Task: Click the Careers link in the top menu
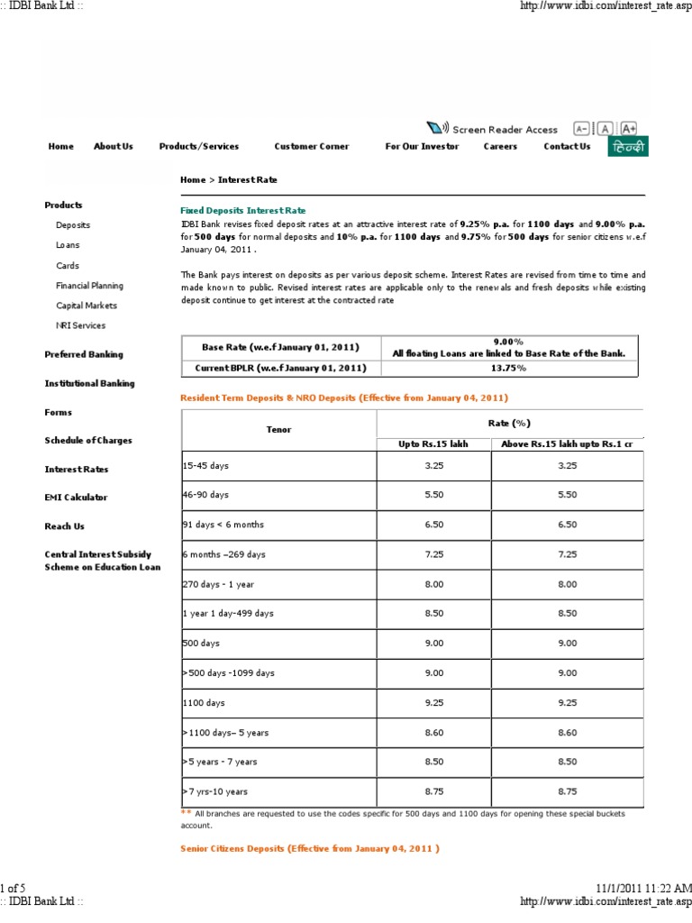click(500, 146)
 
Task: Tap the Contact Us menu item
click(567, 146)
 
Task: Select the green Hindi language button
click(626, 147)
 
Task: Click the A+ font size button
click(629, 129)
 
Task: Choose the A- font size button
click(581, 129)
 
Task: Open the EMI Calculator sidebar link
click(76, 497)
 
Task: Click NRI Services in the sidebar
click(81, 325)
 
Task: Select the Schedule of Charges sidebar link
click(88, 440)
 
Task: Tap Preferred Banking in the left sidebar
click(84, 354)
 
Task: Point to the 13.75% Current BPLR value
click(508, 368)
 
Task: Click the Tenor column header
click(278, 430)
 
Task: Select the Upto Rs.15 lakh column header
click(432, 443)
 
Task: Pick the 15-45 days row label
click(205, 465)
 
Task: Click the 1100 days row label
click(204, 702)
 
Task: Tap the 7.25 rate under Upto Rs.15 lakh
click(432, 553)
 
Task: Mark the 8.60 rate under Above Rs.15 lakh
click(567, 732)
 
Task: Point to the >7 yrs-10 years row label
click(215, 790)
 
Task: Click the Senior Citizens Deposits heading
click(310, 848)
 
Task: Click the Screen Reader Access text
click(505, 129)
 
